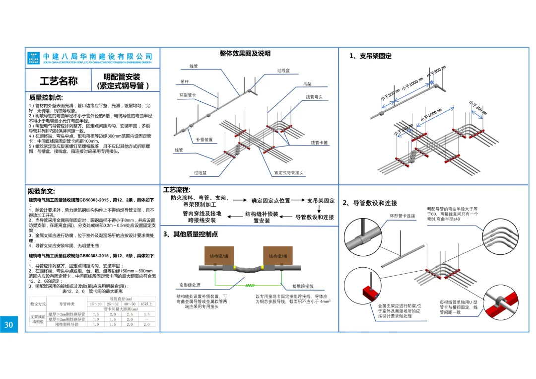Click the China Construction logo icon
(34, 58)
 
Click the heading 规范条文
(41, 191)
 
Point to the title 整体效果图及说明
(245, 54)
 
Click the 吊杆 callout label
(185, 81)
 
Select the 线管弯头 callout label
(314, 97)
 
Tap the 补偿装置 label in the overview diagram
(204, 140)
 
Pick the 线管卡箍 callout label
(319, 143)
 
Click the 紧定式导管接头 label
(289, 173)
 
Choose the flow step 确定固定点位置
(270, 201)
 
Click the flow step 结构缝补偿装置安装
(262, 218)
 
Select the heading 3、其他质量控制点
(191, 234)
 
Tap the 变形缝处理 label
(190, 286)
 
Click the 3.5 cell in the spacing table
(146, 314)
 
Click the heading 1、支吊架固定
(370, 56)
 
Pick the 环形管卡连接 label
(402, 216)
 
